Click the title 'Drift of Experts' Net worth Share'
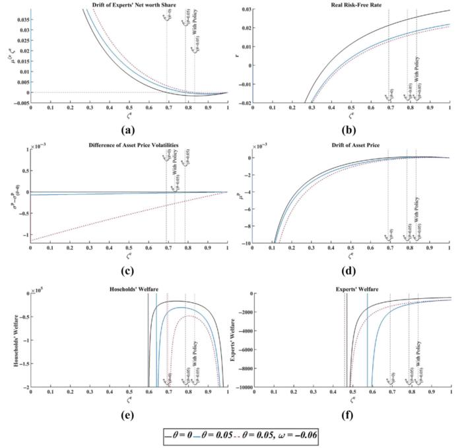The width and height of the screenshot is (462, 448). click(x=129, y=5)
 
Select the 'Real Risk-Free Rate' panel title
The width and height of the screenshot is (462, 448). click(x=352, y=5)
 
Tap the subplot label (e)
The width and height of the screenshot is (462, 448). click(x=129, y=414)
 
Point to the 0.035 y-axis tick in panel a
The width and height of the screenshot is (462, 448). click(x=20, y=19)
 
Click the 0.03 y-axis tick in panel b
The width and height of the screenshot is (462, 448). click(x=245, y=10)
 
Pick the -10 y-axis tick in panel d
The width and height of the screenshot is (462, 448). click(x=246, y=244)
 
